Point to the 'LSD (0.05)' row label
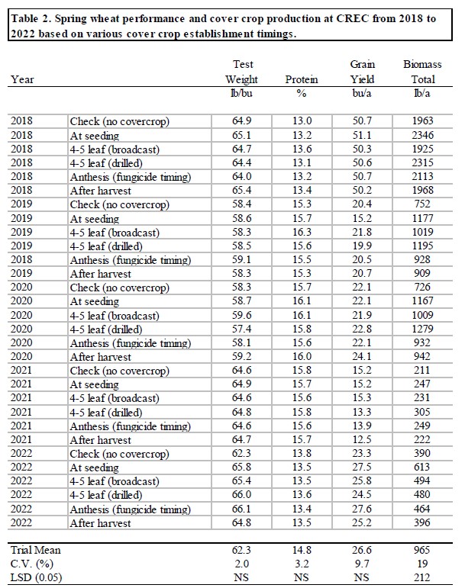click(36, 577)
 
